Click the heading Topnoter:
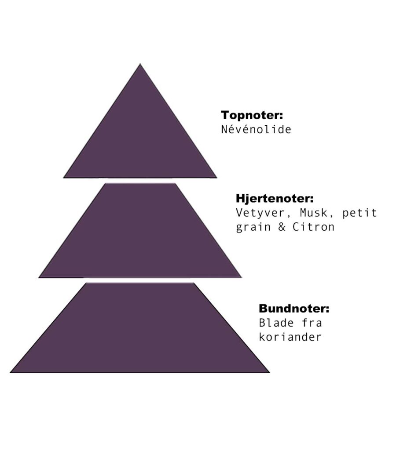pos(251,116)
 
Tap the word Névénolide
pos(256,130)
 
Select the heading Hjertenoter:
pos(275,198)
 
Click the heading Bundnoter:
pos(293,309)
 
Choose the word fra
pos(312,323)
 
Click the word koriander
pos(290,337)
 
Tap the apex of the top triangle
pos(140,65)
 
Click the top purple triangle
pos(140,141)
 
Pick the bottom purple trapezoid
pos(140,330)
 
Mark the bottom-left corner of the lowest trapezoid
pos(11,372)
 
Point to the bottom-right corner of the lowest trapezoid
pos(269,372)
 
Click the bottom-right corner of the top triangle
pos(216,177)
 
